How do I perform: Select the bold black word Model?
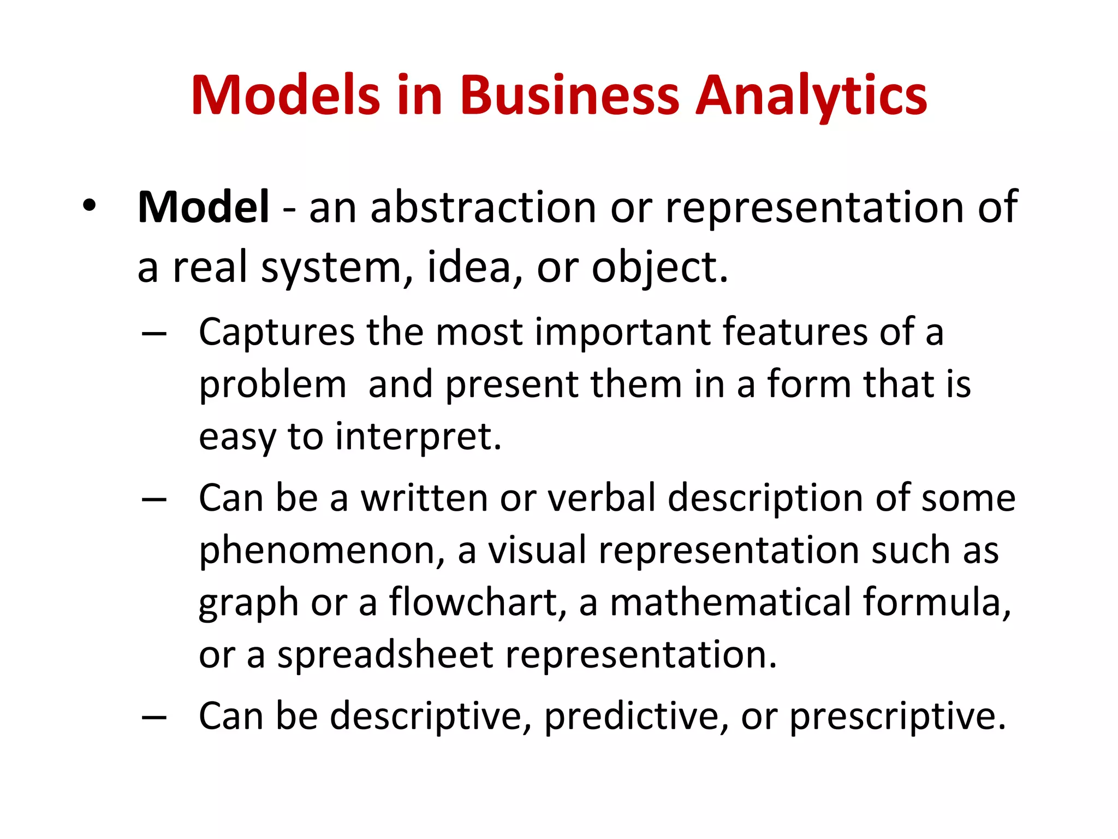click(x=203, y=207)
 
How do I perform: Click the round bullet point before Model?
click(x=89, y=206)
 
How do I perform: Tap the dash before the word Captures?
click(x=154, y=333)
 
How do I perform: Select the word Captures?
click(x=277, y=332)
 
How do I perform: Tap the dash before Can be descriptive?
click(x=154, y=717)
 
